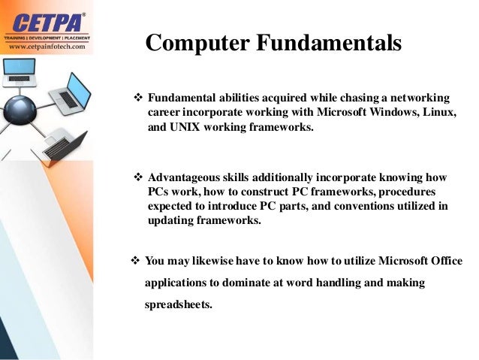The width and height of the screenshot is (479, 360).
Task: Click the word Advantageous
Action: tap(183, 178)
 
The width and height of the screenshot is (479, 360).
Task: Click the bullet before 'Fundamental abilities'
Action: tap(137, 98)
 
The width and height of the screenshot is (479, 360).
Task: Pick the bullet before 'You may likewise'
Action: tap(135, 261)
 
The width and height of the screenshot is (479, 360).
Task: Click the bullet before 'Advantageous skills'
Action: tap(137, 178)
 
